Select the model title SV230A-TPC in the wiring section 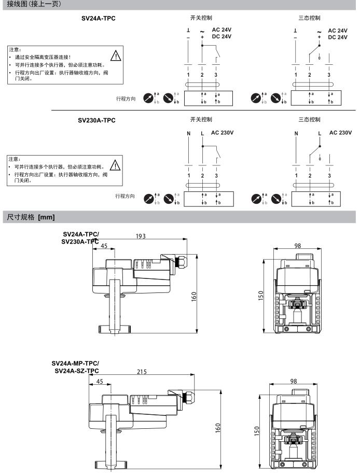tap(96, 120)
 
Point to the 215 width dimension tap(141, 371)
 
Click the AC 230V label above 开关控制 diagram tap(223, 133)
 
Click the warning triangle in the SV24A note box tap(116, 55)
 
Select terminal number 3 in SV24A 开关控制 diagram tap(216, 75)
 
